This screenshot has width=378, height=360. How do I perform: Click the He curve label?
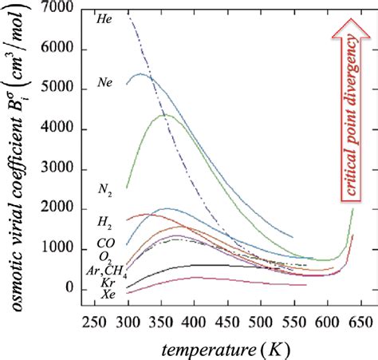point(103,17)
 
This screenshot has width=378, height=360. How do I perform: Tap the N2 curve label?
point(104,190)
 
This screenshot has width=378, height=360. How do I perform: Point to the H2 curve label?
point(104,220)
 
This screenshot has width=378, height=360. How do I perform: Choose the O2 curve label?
point(105,256)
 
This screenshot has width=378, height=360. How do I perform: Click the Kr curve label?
point(106,283)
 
